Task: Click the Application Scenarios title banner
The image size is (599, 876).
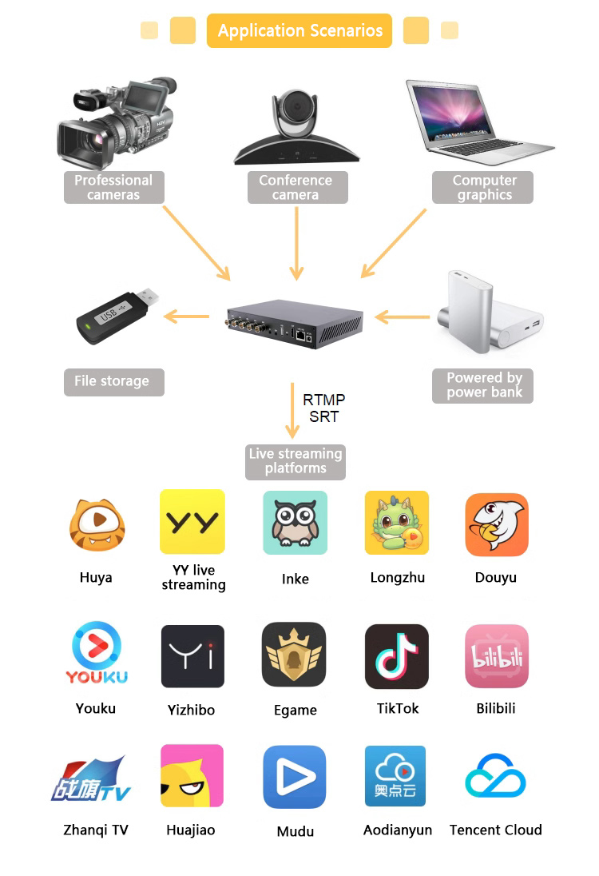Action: coord(299,31)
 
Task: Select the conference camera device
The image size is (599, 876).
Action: coord(296,128)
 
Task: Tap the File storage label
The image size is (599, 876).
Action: coord(113,382)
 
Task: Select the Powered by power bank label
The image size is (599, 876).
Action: coord(483,385)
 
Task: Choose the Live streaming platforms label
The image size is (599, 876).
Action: coord(296,461)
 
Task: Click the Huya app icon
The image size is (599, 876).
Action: coord(97,524)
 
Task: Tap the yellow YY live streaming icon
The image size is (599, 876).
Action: coord(192,522)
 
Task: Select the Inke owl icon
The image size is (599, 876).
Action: coord(296,523)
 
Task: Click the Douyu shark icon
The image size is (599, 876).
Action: coord(497,524)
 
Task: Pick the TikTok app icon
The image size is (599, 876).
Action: coord(397,656)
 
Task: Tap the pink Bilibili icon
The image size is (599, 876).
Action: coord(497,656)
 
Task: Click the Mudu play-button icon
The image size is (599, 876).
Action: coord(295,777)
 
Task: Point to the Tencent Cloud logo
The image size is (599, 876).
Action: coord(496,775)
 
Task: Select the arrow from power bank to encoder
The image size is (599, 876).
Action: coord(403,318)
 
